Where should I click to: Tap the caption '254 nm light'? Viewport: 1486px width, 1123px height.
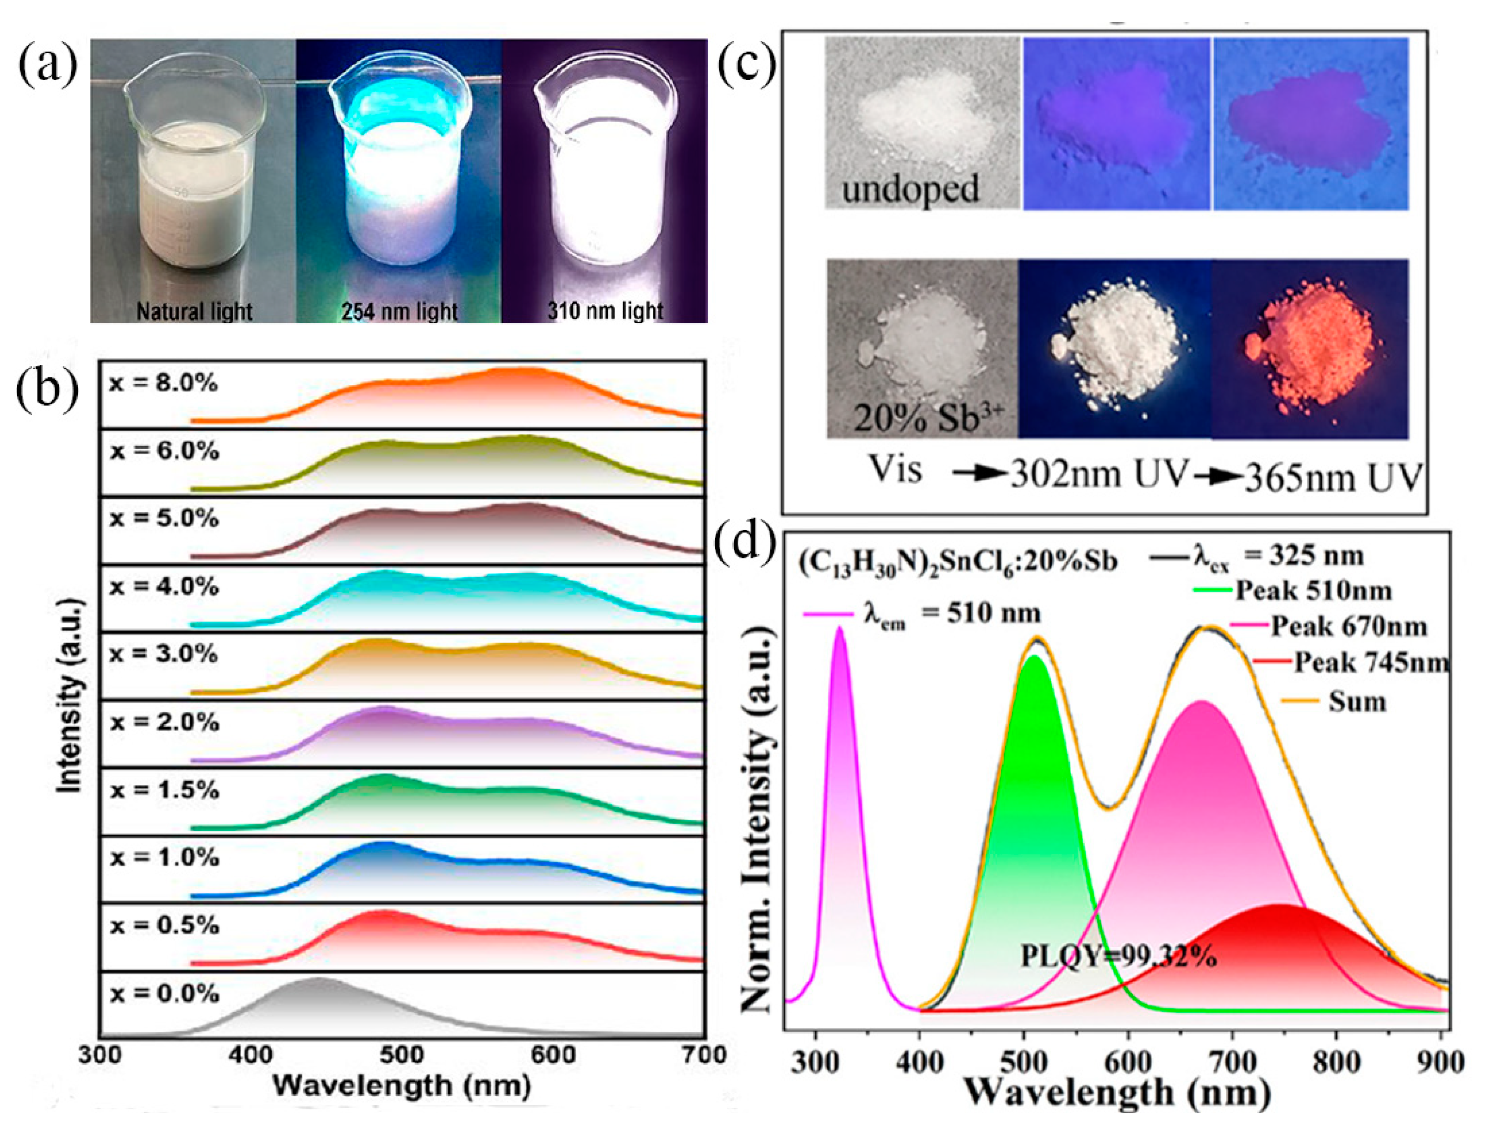[399, 312]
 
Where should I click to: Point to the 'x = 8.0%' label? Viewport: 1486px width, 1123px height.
[163, 384]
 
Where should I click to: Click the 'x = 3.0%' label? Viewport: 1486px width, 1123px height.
[163, 654]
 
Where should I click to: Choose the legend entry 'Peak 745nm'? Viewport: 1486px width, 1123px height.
[1370, 663]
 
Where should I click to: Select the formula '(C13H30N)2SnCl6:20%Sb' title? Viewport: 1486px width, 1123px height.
[957, 562]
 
